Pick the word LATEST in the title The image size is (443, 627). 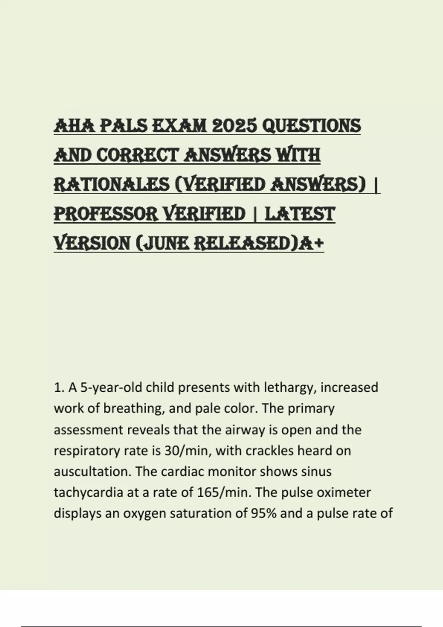coord(300,214)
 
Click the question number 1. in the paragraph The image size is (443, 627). coord(59,388)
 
